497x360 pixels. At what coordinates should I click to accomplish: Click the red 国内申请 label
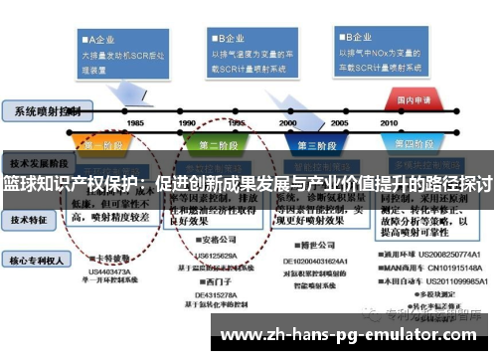(x=414, y=100)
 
